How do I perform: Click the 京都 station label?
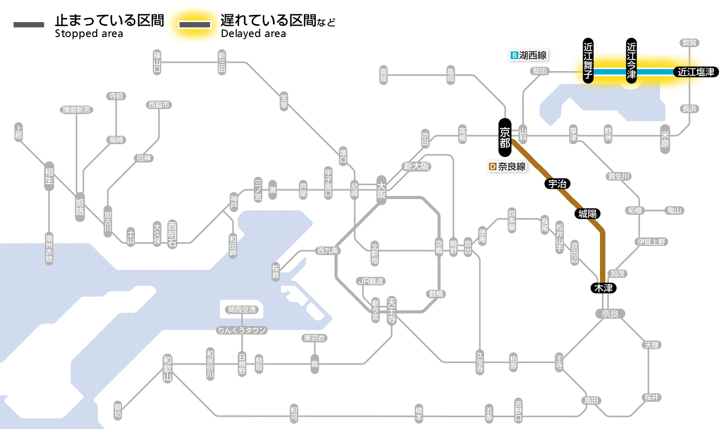point(505,137)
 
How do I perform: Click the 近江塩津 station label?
point(696,72)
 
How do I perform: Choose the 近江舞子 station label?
point(588,60)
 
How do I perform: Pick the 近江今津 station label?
point(631,60)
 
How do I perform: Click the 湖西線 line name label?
point(533,55)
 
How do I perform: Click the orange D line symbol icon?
point(492,167)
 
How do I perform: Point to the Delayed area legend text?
point(253,34)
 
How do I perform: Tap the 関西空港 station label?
point(242,310)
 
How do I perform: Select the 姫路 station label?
point(80,207)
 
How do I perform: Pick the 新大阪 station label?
point(416,166)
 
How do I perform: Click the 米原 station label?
point(665,139)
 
